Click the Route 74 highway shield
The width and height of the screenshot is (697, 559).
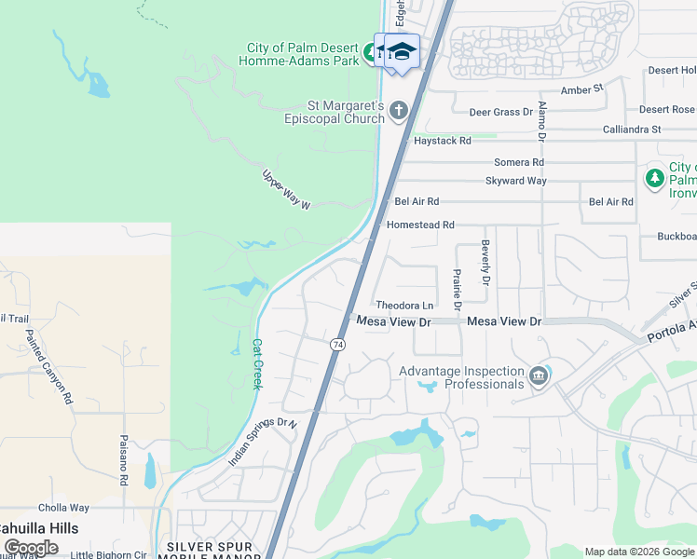point(335,345)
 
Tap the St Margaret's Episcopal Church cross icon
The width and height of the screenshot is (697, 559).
point(399,112)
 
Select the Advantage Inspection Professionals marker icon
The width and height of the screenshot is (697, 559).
point(538,376)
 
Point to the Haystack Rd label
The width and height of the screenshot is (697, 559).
point(443,141)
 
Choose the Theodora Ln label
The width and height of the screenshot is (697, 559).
point(405,306)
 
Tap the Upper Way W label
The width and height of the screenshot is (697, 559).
point(285,190)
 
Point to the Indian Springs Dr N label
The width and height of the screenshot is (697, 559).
point(262,441)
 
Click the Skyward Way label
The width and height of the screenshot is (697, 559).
point(515,181)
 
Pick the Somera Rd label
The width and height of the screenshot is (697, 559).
point(519,162)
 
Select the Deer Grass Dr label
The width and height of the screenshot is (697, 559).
point(500,112)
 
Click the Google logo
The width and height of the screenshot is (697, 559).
point(32,548)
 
